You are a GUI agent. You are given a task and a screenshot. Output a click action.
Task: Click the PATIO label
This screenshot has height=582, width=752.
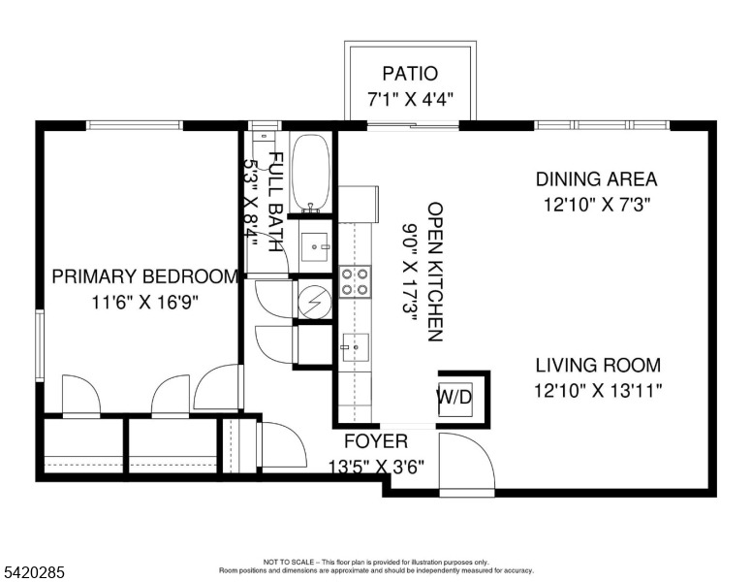410,74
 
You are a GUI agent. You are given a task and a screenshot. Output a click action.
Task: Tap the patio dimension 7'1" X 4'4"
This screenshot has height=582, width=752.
410,99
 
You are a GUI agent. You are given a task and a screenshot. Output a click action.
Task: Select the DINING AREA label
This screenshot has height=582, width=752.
596,179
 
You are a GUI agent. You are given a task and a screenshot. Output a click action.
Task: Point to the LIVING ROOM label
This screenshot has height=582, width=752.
598,366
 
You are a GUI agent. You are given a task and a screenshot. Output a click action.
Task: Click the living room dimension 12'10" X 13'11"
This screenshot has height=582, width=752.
598,391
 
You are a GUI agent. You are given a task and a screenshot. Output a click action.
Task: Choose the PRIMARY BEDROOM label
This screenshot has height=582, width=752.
144,276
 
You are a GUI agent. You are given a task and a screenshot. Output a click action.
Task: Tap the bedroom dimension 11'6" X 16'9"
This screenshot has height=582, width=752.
144,302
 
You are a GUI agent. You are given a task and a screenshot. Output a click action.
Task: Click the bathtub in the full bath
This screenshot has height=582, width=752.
311,173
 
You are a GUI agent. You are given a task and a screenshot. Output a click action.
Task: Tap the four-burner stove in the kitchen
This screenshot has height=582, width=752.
355,281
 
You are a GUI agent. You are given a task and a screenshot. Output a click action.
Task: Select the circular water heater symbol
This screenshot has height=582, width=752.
313,302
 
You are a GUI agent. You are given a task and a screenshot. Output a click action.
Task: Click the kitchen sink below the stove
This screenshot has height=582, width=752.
355,342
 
